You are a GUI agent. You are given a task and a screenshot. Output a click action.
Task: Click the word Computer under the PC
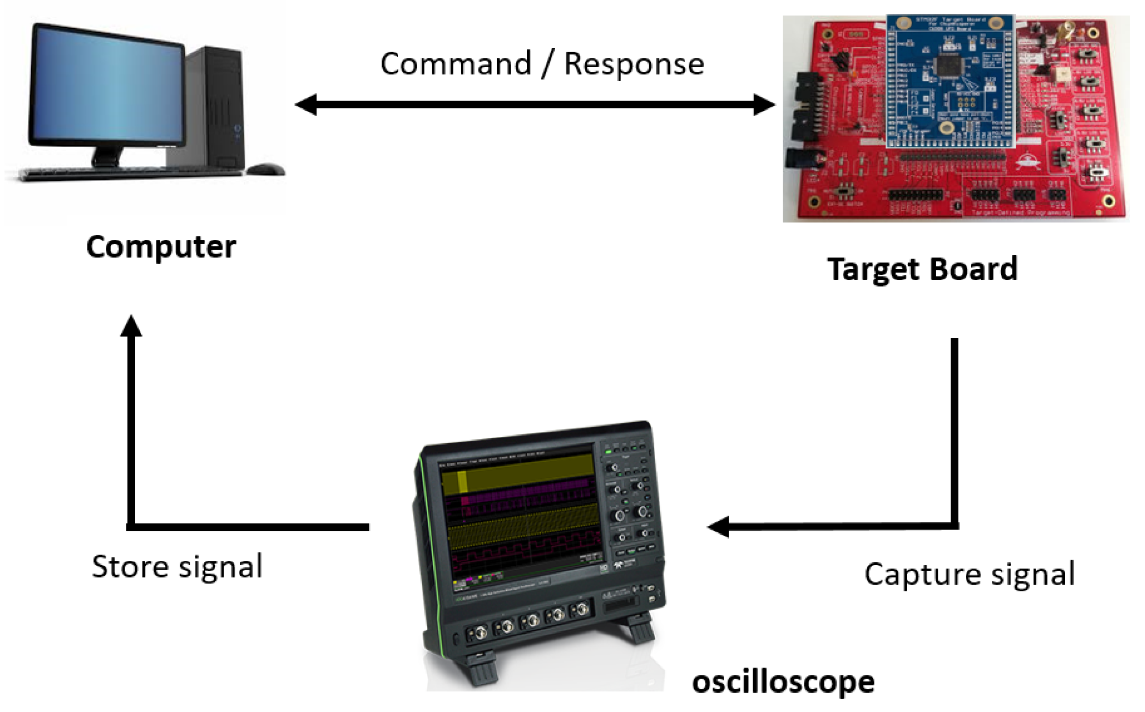tap(161, 247)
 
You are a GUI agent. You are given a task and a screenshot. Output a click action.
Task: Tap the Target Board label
tap(922, 269)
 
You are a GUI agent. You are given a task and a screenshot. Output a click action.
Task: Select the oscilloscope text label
tap(783, 682)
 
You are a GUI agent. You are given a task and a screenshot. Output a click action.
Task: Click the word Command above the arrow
tap(456, 64)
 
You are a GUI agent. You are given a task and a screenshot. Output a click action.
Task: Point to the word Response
tap(634, 64)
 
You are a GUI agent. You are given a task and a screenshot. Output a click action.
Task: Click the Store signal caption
tap(177, 567)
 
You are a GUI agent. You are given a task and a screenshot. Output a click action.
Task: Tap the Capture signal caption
tap(969, 574)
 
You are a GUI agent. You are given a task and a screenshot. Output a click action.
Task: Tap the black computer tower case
tap(217, 108)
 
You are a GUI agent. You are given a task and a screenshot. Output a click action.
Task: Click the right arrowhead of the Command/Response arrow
tap(764, 104)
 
